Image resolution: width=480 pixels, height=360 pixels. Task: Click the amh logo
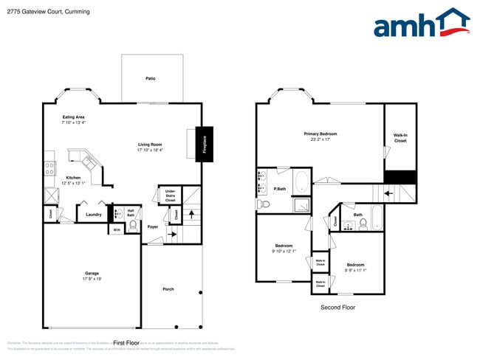[x=421, y=24]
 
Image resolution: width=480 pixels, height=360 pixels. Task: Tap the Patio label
[x=150, y=78]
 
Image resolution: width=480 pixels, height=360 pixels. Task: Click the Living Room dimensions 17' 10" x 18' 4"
[x=150, y=150]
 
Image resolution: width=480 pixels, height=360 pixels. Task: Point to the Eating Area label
[x=73, y=117]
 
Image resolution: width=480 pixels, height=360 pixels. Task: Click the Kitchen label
[x=73, y=178]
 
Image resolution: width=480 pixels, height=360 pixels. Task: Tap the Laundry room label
[x=93, y=215]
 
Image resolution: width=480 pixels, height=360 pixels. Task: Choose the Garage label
[x=92, y=274]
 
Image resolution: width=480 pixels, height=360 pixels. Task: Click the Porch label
[x=168, y=288]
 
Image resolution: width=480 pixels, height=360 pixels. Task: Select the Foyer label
[x=153, y=226]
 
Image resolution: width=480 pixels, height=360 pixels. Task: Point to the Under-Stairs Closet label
[x=170, y=195]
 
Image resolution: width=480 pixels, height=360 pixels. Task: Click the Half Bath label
[x=131, y=213]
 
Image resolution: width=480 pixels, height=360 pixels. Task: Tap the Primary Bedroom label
[x=320, y=134]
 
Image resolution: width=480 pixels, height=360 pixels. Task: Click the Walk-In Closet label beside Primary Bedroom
[x=400, y=138]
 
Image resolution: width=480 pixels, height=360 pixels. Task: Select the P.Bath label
[x=280, y=189]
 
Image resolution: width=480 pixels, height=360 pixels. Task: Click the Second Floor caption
[x=337, y=307]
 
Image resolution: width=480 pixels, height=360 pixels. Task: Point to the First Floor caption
[x=126, y=343]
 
